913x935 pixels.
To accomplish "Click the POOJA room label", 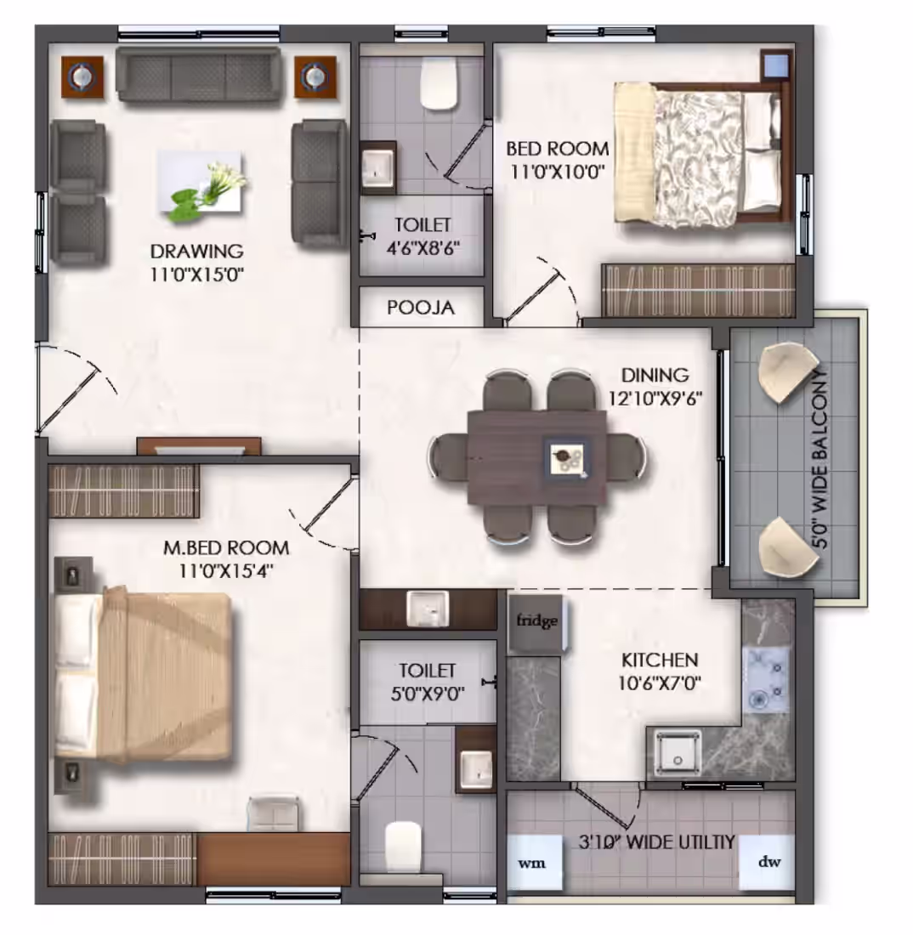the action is [x=421, y=308].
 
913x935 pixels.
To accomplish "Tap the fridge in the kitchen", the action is [x=536, y=623].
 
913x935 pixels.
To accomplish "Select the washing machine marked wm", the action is [x=533, y=863].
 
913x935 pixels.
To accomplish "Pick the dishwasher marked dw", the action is [x=767, y=862].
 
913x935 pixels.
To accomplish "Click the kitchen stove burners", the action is [x=765, y=680].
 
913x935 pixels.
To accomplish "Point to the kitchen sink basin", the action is [x=677, y=753].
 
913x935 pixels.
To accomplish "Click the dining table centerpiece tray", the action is [x=566, y=458].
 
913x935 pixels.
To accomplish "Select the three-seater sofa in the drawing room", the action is [x=199, y=74].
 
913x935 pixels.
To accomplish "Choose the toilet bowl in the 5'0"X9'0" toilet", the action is [x=403, y=847].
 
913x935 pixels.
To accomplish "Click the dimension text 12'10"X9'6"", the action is [x=655, y=398].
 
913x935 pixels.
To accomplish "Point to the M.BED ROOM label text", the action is [x=227, y=547].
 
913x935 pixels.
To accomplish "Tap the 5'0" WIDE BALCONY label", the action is [x=820, y=459].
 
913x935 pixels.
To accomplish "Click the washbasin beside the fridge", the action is [x=427, y=609].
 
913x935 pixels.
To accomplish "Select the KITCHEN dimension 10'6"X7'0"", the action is [x=659, y=683].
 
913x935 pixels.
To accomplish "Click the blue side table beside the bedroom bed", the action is [x=776, y=65].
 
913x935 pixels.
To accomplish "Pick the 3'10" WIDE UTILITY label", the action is [x=656, y=842].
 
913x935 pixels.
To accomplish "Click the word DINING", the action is [x=655, y=375].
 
